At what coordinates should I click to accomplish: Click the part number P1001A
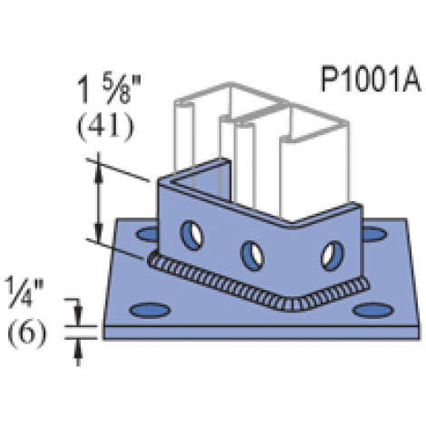click(x=370, y=80)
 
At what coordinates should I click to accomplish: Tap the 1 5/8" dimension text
click(x=110, y=90)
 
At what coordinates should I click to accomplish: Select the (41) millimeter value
click(x=105, y=127)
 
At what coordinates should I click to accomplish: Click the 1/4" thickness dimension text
click(x=24, y=293)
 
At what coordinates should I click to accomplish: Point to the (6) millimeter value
click(x=27, y=334)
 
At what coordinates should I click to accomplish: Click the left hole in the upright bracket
click(x=191, y=236)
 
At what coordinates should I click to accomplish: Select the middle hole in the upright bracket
click(x=252, y=256)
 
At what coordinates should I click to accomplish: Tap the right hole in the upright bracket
click(x=332, y=256)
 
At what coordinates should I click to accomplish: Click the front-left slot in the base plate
click(x=150, y=311)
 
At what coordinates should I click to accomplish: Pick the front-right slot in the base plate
click(x=373, y=311)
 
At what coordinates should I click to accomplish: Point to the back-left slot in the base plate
click(x=147, y=234)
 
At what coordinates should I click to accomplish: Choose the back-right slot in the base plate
click(x=374, y=235)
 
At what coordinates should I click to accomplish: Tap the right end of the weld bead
click(x=365, y=284)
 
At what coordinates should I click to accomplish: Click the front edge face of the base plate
click(x=261, y=333)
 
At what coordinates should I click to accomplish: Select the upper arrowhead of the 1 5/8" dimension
click(x=99, y=174)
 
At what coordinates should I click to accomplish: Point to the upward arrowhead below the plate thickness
click(x=78, y=348)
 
